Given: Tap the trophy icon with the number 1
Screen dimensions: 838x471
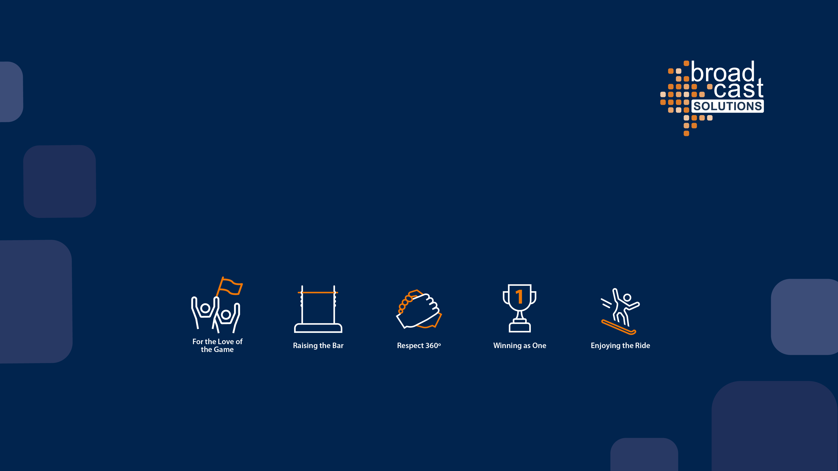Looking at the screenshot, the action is coord(519,308).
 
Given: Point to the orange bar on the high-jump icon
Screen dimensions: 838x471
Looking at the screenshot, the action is coord(318,292).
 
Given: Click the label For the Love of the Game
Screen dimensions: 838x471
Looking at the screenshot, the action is coord(217,345).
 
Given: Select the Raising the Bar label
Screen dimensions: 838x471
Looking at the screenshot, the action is coord(318,345).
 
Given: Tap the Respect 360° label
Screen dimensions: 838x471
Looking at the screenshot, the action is coord(419,345).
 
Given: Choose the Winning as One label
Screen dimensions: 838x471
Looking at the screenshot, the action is coord(519,345).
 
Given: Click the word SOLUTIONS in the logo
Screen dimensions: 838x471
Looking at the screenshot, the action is coord(727,106).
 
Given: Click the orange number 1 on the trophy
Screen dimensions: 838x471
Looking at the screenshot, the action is coord(519,296).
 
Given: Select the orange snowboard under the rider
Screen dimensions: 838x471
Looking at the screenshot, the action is coord(619,327).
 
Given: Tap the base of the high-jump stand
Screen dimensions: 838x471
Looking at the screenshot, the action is coord(318,328).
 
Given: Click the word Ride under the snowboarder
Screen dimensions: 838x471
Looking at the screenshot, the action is coord(643,345).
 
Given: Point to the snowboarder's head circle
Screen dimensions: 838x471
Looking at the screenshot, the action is coord(627,298).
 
